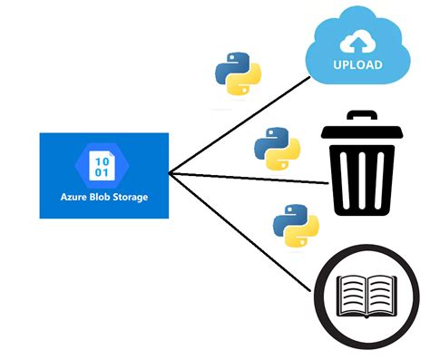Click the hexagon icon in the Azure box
click(103, 164)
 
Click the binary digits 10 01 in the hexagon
click(103, 164)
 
